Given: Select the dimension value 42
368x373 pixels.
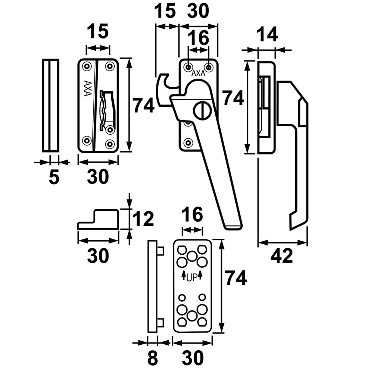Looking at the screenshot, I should coord(282,257).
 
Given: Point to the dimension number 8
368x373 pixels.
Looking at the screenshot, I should coord(152,358).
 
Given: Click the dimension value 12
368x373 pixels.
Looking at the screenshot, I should coord(143,219).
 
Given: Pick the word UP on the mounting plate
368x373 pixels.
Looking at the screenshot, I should coord(192,277).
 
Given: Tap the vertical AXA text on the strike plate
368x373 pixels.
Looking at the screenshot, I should coord(88,88).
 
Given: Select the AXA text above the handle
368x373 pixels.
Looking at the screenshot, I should coord(198,74).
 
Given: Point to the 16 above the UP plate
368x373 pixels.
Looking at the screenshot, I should coord(192,215).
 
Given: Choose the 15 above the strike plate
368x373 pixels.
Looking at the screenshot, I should coord(98,31).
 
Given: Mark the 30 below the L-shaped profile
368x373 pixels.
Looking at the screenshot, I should coord(98,256).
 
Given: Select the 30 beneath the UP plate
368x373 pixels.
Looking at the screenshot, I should coord(193,358).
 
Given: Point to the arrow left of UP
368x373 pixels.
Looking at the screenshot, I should coord(183,276).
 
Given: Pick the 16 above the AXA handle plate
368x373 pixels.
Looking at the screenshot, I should coord(198,38).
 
